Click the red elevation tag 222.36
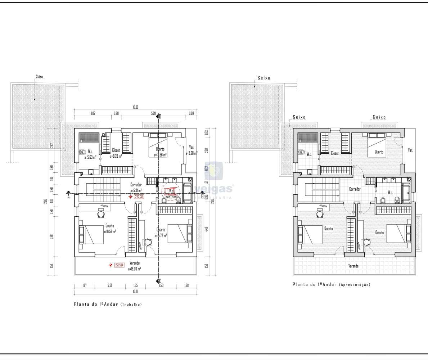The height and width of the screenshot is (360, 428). click(139, 197)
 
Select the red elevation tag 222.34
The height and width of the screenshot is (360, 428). click(120, 265)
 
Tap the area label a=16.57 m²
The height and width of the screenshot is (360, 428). click(109, 231)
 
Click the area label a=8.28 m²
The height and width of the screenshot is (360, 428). click(116, 156)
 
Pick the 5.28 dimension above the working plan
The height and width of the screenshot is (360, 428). click(153, 113)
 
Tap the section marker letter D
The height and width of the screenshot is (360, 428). click(160, 116)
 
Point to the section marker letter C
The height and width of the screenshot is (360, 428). click(160, 281)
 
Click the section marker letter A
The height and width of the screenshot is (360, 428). click(68, 197)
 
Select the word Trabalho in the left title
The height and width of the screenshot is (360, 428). click(131, 305)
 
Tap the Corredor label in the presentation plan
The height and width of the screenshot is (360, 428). click(355, 189)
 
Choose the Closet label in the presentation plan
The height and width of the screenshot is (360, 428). click(334, 153)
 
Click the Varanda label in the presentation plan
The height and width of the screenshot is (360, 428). click(353, 266)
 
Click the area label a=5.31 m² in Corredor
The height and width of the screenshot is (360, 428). click(136, 190)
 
